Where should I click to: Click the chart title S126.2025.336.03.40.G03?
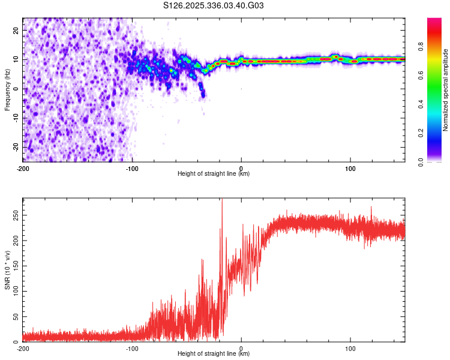(214, 6)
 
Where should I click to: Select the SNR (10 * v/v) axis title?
(7, 269)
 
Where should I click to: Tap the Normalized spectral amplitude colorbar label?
(446, 90)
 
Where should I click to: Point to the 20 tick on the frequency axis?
(16, 31)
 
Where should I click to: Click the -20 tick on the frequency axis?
(15, 148)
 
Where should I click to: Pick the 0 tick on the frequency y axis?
(18, 89)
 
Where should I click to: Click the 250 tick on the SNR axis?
(13, 214)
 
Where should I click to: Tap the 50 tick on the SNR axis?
(15, 316)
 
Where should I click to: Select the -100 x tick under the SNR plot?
(132, 349)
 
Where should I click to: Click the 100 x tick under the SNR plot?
(350, 349)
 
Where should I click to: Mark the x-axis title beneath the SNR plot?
(214, 354)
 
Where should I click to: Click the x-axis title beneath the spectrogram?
(214, 174)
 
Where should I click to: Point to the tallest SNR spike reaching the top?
(222, 201)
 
